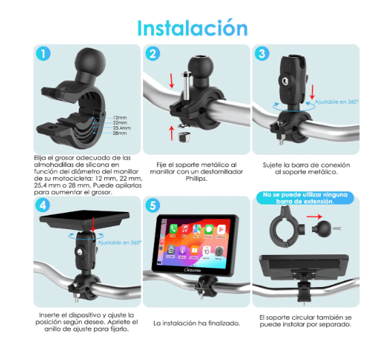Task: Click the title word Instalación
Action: (192, 28)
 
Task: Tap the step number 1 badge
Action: (43, 53)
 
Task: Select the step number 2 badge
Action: (153, 54)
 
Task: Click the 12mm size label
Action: (121, 117)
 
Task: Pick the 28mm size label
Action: (121, 133)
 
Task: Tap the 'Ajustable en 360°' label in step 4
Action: (119, 242)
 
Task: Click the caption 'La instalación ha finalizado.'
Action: (196, 322)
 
